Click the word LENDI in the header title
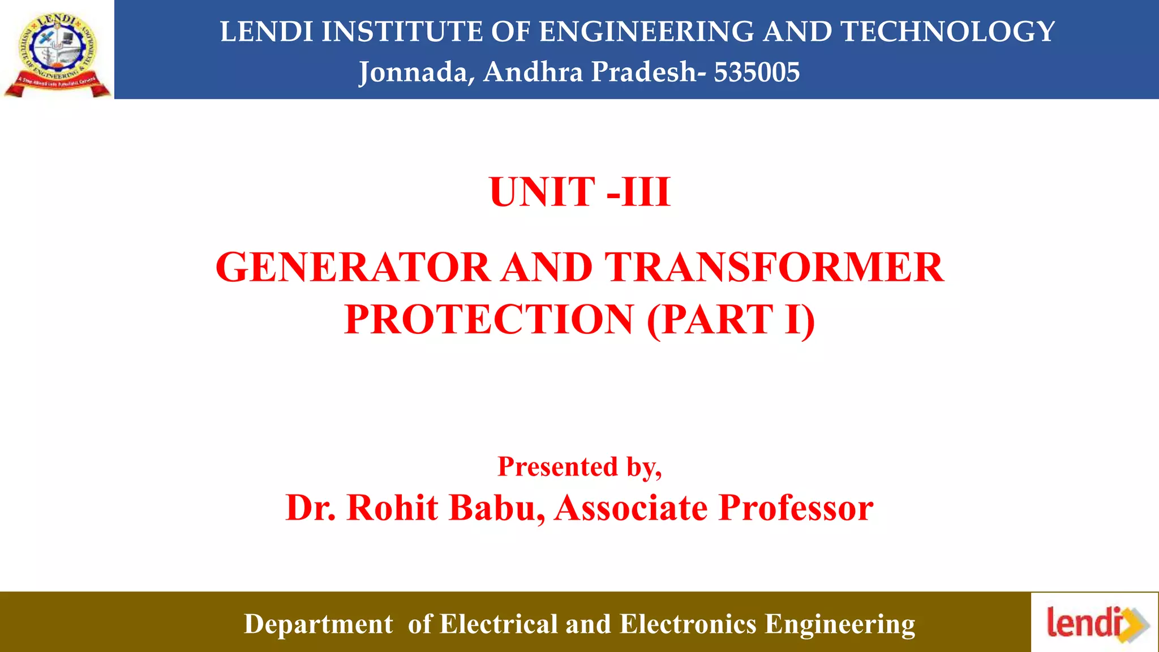(267, 32)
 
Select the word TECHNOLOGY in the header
(948, 32)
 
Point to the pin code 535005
(757, 72)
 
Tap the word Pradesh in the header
(644, 72)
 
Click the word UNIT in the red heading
(542, 192)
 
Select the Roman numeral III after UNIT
(646, 192)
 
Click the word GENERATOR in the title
(353, 267)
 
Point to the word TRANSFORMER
(774, 267)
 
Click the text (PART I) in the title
(731, 320)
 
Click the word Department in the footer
(318, 624)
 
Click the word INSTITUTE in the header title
(401, 32)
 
